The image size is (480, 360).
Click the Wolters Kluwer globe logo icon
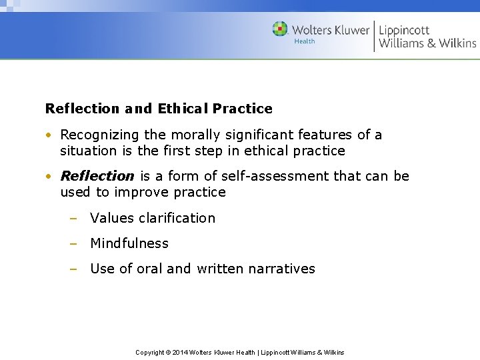[280, 29]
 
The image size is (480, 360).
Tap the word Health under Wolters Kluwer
[304, 41]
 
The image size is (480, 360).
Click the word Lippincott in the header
[404, 30]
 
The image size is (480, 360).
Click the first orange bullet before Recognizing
[49, 135]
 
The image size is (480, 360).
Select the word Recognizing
[100, 135]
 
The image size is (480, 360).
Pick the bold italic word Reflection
[97, 176]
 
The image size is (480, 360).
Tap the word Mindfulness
[129, 243]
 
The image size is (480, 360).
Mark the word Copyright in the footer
[150, 353]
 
